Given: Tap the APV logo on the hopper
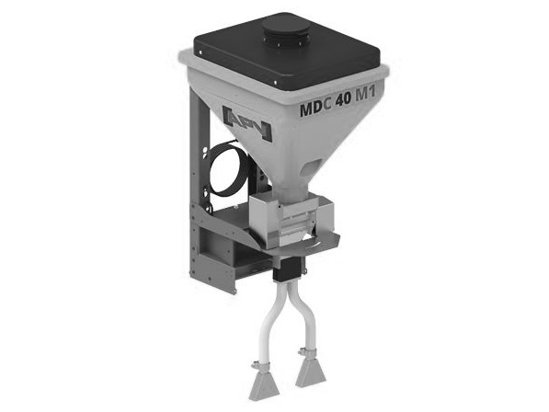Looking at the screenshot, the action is (247, 123).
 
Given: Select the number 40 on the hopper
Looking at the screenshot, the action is (343, 99).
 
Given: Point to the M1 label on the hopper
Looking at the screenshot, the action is (366, 94).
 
